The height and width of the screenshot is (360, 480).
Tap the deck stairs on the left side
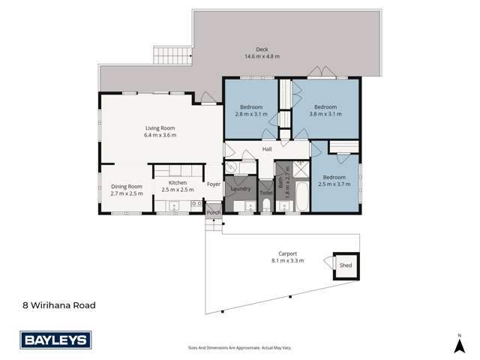[x=163, y=55]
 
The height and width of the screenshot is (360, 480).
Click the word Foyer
[x=213, y=183]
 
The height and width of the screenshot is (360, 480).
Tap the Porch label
[x=213, y=213]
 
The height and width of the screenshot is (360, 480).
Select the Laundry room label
[x=241, y=189]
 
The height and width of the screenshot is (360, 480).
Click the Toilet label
[x=265, y=193]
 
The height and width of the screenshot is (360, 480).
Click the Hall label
[x=266, y=149]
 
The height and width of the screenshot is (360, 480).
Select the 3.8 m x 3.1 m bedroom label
[x=325, y=111]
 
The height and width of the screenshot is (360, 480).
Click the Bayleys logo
[x=55, y=340]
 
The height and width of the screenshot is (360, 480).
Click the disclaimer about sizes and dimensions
[x=239, y=349]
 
